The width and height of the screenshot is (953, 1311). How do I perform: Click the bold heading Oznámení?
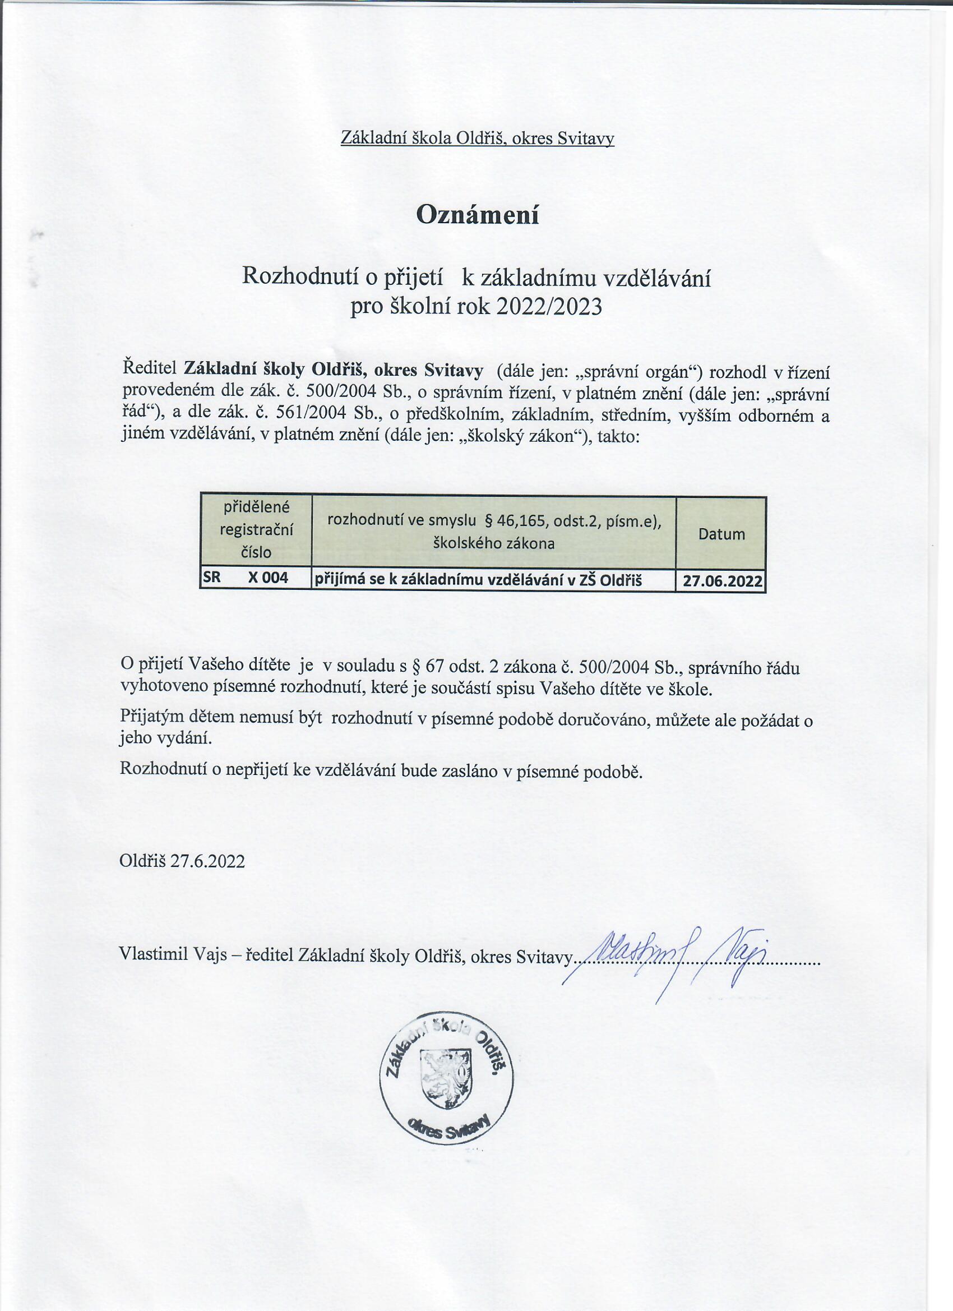point(477,215)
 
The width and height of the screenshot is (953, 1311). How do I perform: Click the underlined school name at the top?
point(477,138)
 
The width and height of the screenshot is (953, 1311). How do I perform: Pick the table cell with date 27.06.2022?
point(722,581)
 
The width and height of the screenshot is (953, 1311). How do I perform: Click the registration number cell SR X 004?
point(255,578)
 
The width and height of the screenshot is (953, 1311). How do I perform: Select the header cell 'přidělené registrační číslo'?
point(256,529)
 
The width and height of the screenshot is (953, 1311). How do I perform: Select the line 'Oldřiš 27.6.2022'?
point(182,861)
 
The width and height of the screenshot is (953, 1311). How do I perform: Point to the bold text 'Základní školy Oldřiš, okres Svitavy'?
point(334,368)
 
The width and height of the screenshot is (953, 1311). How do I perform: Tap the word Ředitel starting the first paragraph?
point(150,368)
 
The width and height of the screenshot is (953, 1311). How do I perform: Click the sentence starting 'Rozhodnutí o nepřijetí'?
point(381,770)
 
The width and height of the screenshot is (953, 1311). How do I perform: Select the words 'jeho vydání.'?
point(166,738)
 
